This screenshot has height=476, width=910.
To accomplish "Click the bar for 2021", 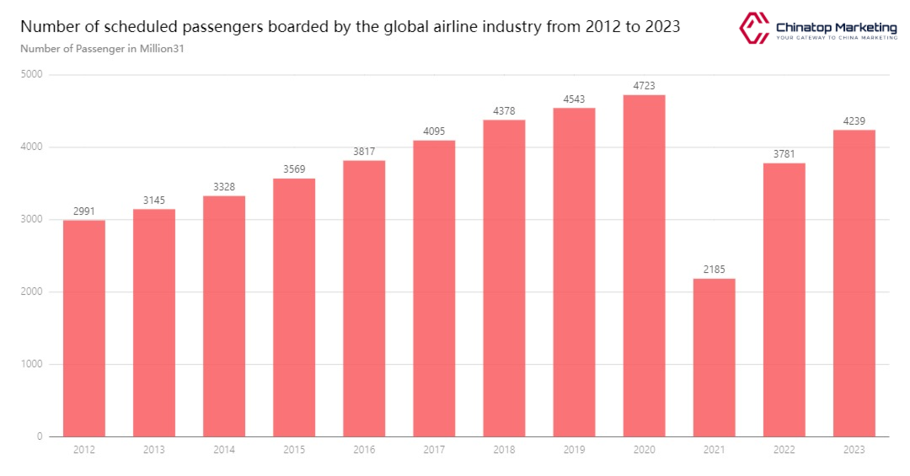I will (x=714, y=357).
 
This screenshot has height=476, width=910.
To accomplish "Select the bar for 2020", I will (x=644, y=265).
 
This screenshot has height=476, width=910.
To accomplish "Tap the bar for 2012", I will (x=84, y=329).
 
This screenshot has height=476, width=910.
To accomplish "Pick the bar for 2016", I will (x=364, y=298).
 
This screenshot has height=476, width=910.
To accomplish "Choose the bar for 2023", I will (x=854, y=283).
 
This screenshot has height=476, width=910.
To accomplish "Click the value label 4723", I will (x=644, y=86).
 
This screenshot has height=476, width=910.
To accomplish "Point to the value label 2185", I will (x=714, y=270).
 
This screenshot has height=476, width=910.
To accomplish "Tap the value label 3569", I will (x=294, y=169).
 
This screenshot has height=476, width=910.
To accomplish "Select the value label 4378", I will (x=504, y=111).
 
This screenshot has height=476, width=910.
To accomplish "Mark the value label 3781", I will (x=784, y=154).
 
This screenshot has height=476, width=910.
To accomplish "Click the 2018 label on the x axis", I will (x=504, y=451).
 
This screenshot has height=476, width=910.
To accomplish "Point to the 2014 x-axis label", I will (x=224, y=451).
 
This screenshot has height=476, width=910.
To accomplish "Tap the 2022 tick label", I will (x=784, y=451).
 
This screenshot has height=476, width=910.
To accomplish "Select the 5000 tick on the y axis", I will (x=33, y=75).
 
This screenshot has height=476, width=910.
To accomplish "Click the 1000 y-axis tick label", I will (x=33, y=365).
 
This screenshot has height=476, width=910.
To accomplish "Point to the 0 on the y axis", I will (x=40, y=437).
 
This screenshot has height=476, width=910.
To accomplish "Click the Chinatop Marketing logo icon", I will (x=754, y=27).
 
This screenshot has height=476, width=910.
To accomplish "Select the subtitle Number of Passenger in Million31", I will (x=102, y=48).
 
